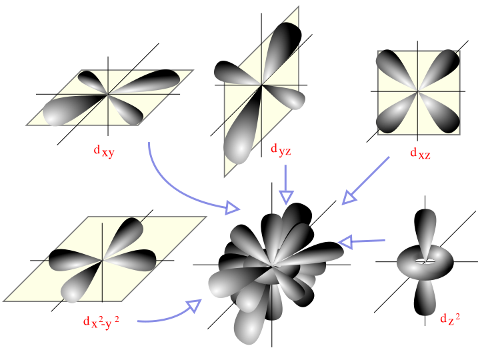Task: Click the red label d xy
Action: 104,151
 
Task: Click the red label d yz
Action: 281,149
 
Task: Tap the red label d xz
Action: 420,153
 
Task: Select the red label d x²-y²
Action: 101,322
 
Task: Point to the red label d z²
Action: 450,318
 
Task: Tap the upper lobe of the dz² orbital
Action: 425,228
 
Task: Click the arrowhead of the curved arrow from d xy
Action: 233,207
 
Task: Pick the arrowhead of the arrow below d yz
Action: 286,197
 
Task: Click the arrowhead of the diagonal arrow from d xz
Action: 349,198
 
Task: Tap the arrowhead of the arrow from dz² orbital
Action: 345,242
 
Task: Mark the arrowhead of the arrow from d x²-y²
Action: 195,305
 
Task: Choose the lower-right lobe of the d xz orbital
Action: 441,115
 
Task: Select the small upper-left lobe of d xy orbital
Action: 92,80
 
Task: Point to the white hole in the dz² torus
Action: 425,261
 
